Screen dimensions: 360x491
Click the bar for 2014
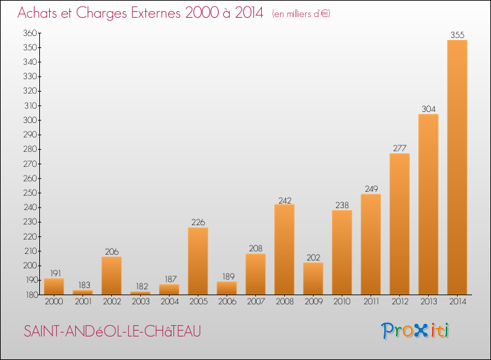[457, 167]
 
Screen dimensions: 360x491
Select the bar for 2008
[284, 249]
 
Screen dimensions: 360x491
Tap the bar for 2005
[198, 261]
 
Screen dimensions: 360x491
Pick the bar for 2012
[399, 224]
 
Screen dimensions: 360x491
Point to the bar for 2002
[111, 275]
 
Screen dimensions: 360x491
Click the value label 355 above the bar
[457, 35]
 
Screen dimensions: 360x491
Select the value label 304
[428, 109]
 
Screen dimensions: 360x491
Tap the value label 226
[198, 222]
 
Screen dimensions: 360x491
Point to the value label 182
[140, 286]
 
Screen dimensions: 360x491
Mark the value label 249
[371, 189]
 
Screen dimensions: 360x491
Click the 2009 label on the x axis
[313, 302]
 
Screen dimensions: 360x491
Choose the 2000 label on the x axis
[54, 302]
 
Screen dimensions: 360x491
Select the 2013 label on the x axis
[428, 302]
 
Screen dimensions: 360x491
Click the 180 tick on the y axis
[31, 295]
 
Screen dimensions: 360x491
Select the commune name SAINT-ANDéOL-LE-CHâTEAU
[112, 332]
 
